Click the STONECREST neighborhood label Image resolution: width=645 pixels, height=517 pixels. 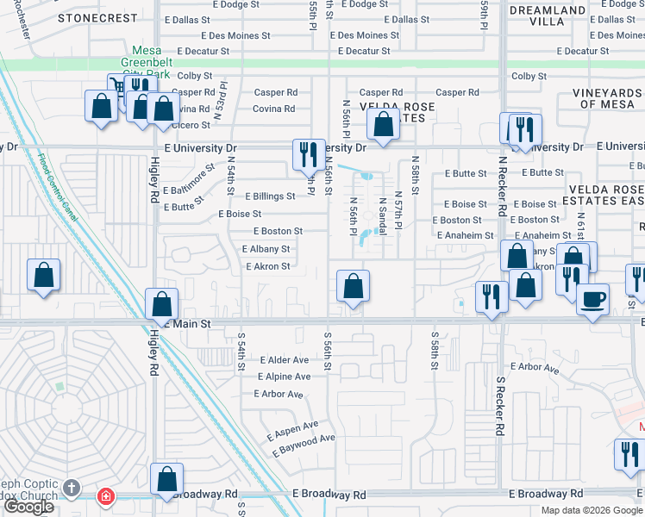click(x=97, y=17)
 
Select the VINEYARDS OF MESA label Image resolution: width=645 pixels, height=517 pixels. click(x=607, y=98)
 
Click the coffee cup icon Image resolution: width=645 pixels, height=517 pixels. click(x=592, y=300)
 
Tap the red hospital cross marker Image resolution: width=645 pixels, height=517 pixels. click(x=105, y=496)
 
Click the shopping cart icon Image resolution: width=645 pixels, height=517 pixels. click(x=116, y=85)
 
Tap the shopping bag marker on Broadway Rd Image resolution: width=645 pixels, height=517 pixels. click(x=166, y=479)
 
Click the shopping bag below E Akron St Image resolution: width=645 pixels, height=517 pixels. click(x=352, y=286)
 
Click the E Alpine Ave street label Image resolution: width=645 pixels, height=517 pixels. click(x=284, y=377)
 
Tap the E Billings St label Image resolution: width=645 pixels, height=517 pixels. click(x=270, y=196)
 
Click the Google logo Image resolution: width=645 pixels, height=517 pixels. click(x=28, y=507)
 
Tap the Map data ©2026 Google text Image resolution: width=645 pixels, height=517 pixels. click(x=592, y=509)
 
